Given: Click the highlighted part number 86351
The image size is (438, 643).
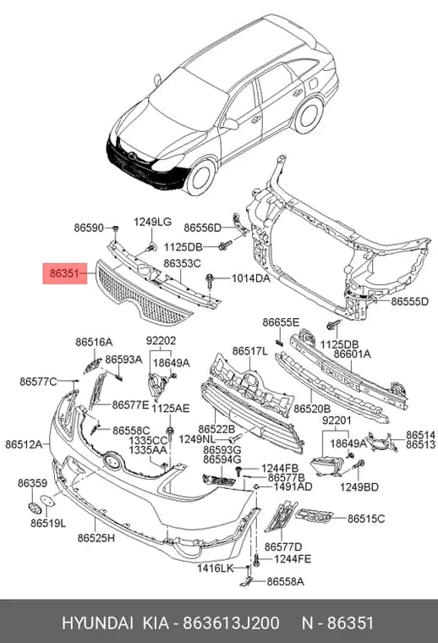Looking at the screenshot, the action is pos(65,273).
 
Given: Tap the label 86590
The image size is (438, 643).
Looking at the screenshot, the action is pos(89,228).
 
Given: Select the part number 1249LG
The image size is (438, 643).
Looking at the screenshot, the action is pos(152,222).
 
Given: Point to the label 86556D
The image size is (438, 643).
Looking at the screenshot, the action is pos(202,228).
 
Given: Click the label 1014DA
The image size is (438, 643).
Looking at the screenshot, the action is pos(251,278).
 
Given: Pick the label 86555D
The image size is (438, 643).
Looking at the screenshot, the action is pos(410,301).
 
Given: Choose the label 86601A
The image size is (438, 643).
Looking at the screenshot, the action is pos(352,354).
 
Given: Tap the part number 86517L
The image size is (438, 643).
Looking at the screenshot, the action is pos(250,351).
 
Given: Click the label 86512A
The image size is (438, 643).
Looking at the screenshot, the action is pos(24,444).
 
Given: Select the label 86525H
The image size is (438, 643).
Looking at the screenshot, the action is pos(96,537).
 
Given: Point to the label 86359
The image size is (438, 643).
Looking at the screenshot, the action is pos(32,483).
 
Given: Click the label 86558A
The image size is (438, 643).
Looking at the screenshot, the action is pos(286,581).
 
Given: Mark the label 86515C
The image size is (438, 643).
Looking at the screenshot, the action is pos(366,519).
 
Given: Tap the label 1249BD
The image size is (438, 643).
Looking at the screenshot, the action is pos(359,486).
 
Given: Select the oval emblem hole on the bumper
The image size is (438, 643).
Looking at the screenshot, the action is pos(112,460).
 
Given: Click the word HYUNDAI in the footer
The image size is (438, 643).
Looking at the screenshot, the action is pos(97,623).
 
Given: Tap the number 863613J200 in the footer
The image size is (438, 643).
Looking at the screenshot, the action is pos(231,623).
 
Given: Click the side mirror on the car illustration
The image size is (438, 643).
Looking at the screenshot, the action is pos(231,123).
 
